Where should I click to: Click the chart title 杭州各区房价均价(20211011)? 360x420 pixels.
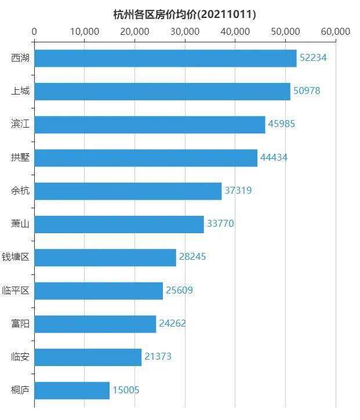pyautogui.click(x=185, y=14)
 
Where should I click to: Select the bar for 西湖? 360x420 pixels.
pyautogui.click(x=165, y=58)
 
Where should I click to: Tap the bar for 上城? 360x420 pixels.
pyautogui.click(x=162, y=91)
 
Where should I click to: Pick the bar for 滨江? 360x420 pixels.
pyautogui.click(x=150, y=125)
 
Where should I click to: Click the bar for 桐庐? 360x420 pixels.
pyautogui.click(x=72, y=390)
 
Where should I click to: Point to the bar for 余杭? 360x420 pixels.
pyautogui.click(x=128, y=191)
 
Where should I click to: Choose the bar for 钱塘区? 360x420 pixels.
pyautogui.click(x=105, y=258)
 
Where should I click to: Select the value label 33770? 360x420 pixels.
pyautogui.click(x=220, y=224)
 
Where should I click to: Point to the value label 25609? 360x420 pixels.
pyautogui.click(x=179, y=291)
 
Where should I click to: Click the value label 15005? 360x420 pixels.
pyautogui.click(x=126, y=390)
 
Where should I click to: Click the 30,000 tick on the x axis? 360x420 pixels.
pyautogui.click(x=185, y=31)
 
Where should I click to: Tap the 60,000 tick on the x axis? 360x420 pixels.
pyautogui.click(x=336, y=31)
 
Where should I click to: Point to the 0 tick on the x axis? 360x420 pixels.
pyautogui.click(x=34, y=31)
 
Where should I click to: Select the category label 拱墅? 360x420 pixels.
pyautogui.click(x=20, y=158)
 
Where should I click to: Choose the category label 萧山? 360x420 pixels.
pyautogui.click(x=20, y=224)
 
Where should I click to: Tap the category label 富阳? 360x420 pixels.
pyautogui.click(x=20, y=324)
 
